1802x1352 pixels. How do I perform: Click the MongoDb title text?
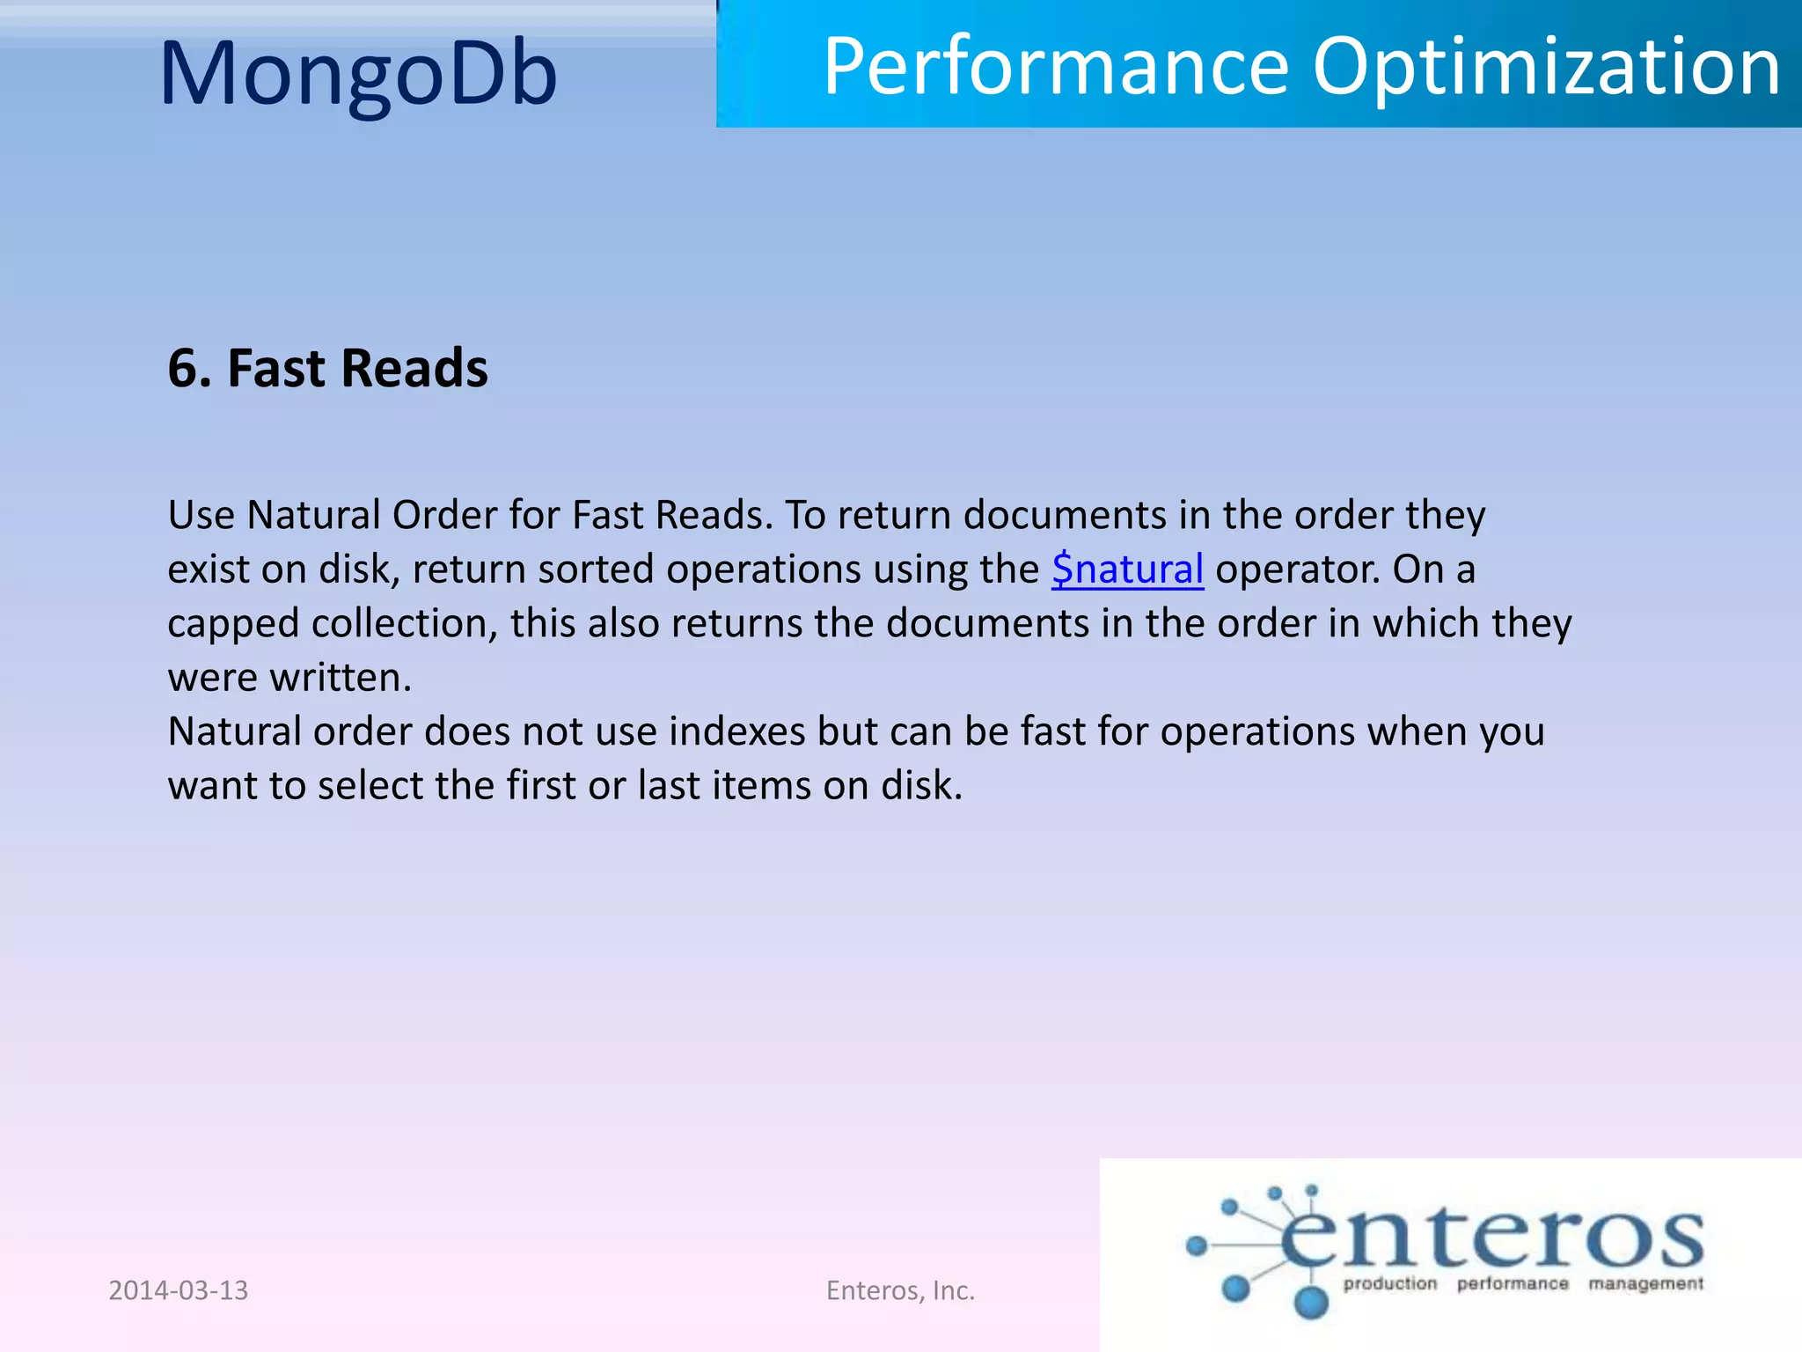tap(358, 74)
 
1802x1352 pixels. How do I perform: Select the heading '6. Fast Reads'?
tap(327, 368)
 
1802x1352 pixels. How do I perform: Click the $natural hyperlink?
tap(1127, 569)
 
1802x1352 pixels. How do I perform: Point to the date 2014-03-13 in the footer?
tap(178, 1290)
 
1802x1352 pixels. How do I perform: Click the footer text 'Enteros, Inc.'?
tap(900, 1290)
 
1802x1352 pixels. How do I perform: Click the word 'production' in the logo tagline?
tap(1389, 1284)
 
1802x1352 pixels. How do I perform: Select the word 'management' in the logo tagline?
tap(1645, 1284)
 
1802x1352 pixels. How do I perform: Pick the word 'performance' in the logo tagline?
tap(1513, 1284)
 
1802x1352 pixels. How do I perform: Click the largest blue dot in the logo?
tap(1311, 1301)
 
